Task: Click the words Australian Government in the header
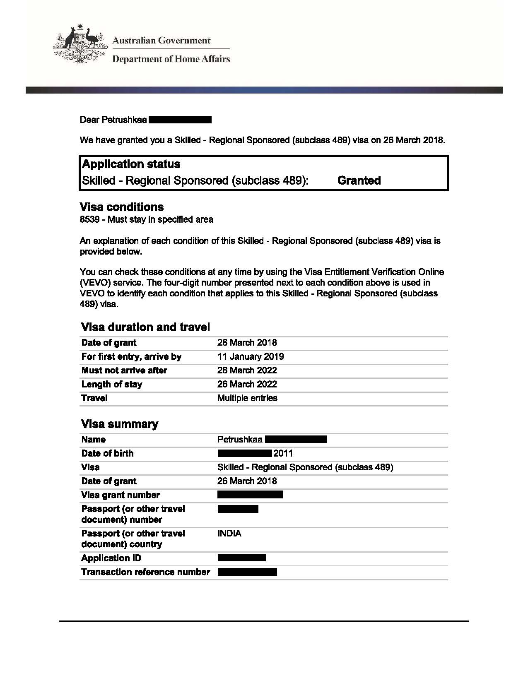point(162,41)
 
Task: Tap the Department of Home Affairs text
point(171,59)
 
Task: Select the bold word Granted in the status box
point(359,180)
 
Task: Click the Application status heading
point(131,164)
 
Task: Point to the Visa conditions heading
point(121,207)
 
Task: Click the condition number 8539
point(89,219)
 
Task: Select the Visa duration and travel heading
point(145,327)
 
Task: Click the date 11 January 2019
point(251,356)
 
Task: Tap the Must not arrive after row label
point(124,370)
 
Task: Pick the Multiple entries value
point(247,398)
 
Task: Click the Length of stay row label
point(112,384)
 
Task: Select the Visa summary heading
point(120,424)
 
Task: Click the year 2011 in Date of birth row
point(283,453)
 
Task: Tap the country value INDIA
point(229,533)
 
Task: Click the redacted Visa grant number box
point(250,495)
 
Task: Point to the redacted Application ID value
point(241,558)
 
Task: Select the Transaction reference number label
point(146,572)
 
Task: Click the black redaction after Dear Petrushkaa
point(180,120)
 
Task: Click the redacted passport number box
point(238,509)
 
